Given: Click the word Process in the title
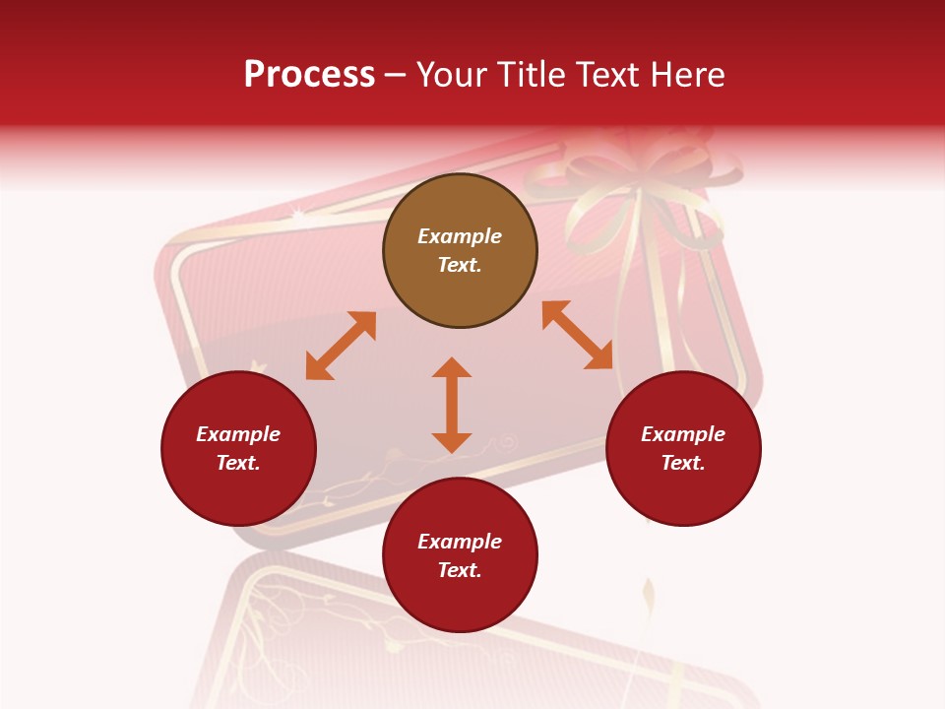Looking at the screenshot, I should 309,75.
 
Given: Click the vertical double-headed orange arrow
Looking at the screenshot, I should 452,405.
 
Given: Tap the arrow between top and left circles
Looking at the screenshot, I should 341,346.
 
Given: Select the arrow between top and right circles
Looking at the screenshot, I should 578,335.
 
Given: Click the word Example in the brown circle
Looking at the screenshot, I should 460,236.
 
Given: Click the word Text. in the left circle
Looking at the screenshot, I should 238,463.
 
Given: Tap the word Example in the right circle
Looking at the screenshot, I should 683,434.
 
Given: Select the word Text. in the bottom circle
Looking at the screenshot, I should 460,570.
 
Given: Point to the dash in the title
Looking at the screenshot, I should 395,76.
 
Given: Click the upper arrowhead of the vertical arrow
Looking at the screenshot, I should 452,367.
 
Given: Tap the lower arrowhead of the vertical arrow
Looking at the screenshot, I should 452,442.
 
